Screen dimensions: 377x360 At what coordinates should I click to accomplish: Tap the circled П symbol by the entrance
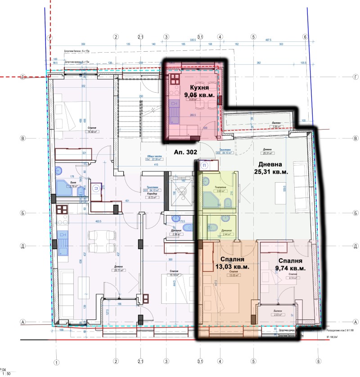coord(205,165)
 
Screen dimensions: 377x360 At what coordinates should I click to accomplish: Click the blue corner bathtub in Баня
coord(63,188)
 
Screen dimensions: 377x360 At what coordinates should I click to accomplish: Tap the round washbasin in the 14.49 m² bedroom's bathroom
coord(59,171)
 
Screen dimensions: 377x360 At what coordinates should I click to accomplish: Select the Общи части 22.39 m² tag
coord(156,158)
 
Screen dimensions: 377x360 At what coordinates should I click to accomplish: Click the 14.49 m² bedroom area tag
coord(93,131)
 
